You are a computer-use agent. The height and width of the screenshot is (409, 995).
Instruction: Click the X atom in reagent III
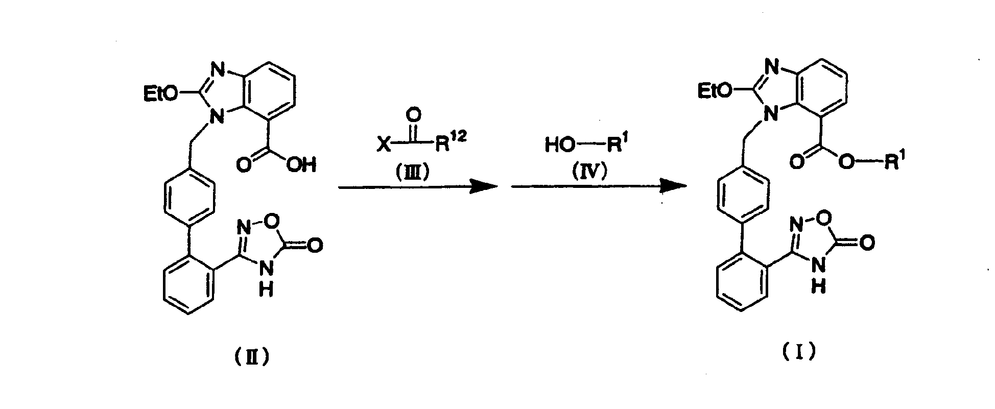pyautogui.click(x=384, y=146)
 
